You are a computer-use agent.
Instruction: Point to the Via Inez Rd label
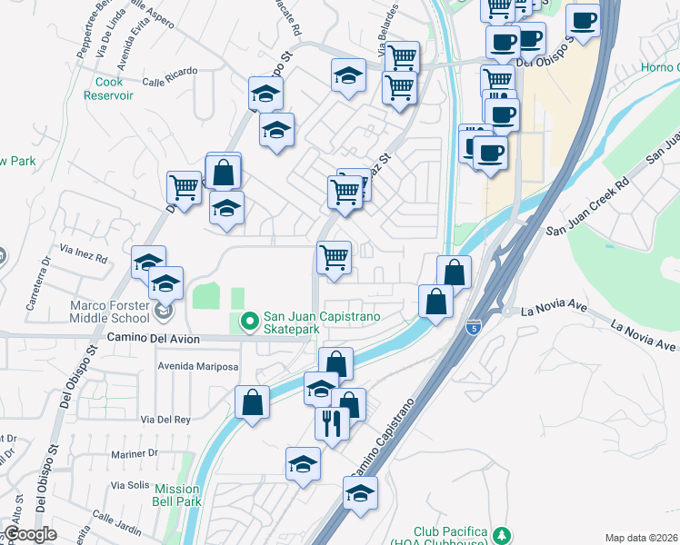click(x=83, y=253)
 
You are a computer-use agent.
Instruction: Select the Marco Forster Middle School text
click(x=109, y=312)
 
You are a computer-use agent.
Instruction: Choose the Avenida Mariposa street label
click(x=198, y=367)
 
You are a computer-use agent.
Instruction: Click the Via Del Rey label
click(x=165, y=419)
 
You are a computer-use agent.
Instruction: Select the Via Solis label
click(x=125, y=484)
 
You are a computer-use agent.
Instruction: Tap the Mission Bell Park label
click(x=176, y=495)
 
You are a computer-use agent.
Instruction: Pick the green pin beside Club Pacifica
click(x=500, y=532)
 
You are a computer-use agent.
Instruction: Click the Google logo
click(x=31, y=534)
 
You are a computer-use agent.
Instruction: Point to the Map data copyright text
click(x=642, y=538)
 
